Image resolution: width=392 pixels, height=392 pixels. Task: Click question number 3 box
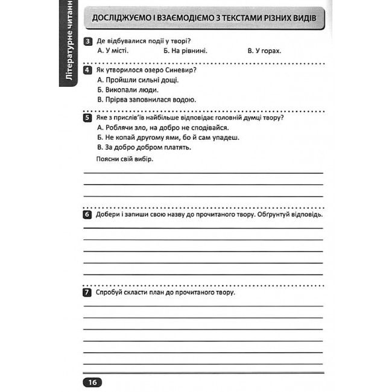88,41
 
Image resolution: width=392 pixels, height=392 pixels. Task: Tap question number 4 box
88,71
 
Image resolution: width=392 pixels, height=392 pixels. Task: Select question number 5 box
88,118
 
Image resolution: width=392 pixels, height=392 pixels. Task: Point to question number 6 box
88,215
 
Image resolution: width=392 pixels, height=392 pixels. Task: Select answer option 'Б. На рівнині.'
185,51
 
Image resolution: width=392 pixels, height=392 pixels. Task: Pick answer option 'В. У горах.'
265,51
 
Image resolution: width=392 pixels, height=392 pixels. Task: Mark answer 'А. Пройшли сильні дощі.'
138,80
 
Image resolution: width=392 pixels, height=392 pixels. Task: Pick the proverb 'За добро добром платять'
144,147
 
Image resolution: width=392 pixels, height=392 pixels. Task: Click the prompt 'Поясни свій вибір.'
125,159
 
